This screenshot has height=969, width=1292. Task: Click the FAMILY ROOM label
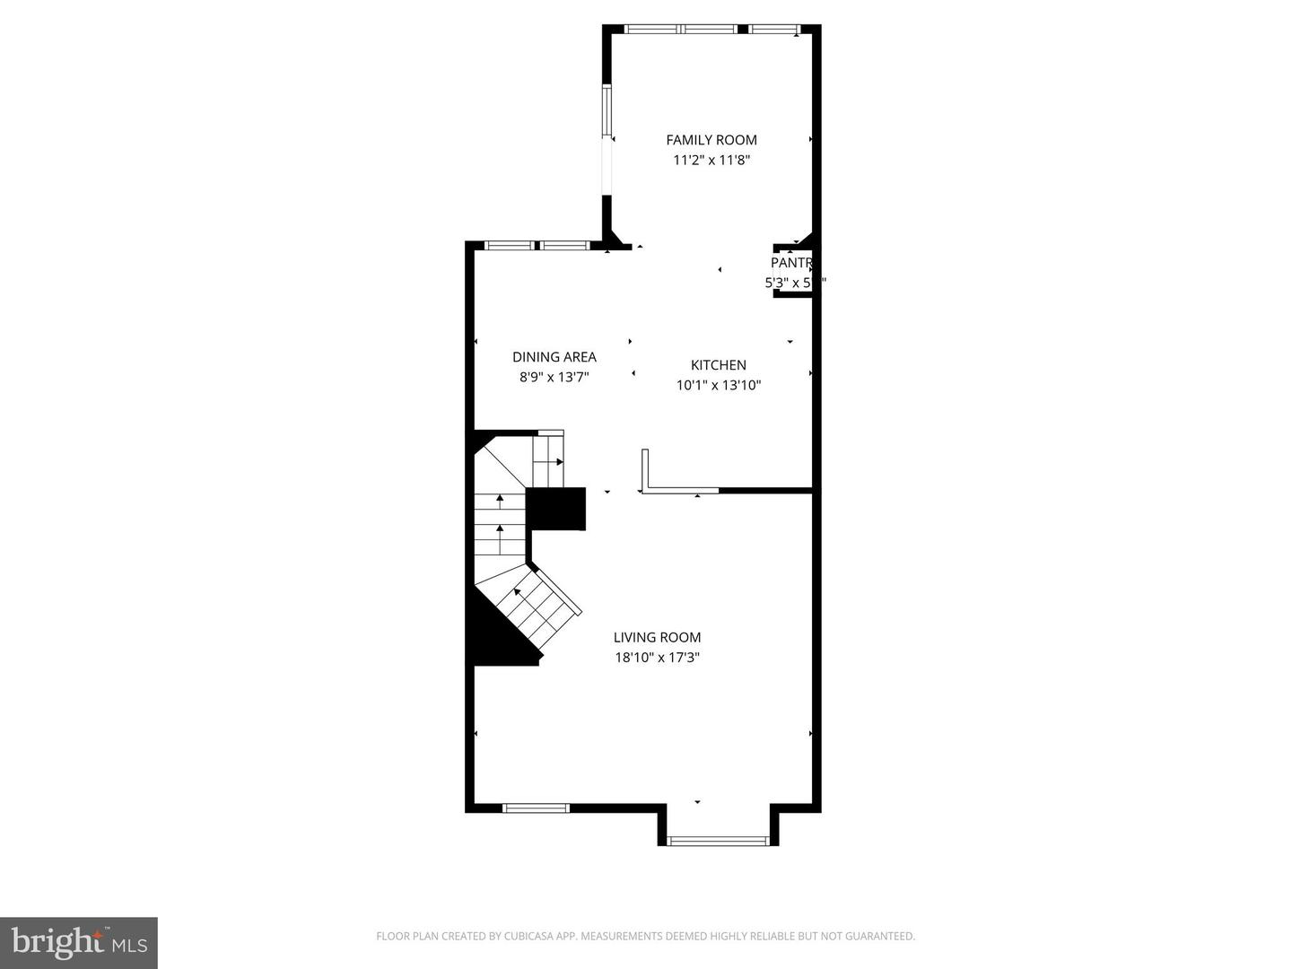pos(711,140)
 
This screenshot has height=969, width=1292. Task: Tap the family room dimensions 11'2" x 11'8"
pos(711,161)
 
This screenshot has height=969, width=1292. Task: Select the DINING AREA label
pos(554,357)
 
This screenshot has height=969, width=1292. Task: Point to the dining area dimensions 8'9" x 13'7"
pos(554,378)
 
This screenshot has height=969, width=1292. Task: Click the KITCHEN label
pos(719,365)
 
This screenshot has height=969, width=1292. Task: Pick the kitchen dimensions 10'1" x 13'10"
pos(719,386)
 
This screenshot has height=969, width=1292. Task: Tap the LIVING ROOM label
pos(658,638)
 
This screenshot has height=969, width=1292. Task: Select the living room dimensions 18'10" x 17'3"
pos(658,658)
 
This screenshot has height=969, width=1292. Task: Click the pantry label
pos(791,263)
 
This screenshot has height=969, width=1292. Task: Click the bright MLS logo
pos(79,942)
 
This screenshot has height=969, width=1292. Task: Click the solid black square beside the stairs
pos(555,509)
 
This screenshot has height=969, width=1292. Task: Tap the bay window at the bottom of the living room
pos(719,841)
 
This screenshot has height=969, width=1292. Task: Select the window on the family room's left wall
pos(607,112)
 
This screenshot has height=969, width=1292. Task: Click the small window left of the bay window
pos(536,808)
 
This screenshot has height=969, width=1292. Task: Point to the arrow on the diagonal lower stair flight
pos(518,592)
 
